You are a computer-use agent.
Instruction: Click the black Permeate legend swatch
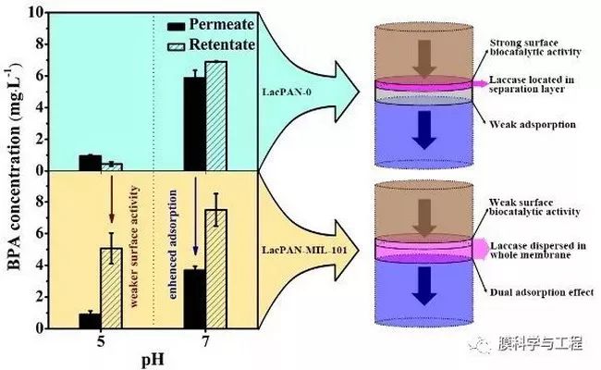(177, 27)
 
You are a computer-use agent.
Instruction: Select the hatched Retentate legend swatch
(177, 46)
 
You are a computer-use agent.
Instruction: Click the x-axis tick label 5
(101, 340)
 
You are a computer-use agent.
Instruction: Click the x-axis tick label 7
(206, 340)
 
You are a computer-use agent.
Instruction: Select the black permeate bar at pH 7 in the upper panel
(195, 124)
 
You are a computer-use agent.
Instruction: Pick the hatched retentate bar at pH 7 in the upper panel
(216, 116)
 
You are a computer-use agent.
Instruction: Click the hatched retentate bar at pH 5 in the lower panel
(111, 289)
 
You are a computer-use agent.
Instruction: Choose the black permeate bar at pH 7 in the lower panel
(195, 299)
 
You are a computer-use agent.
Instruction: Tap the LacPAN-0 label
(287, 92)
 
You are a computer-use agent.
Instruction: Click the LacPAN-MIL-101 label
(305, 251)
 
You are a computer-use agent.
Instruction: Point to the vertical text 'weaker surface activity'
(134, 246)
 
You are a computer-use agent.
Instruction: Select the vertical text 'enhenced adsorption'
(173, 244)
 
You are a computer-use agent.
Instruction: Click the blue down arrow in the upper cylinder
(424, 130)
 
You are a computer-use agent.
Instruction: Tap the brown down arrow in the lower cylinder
(424, 218)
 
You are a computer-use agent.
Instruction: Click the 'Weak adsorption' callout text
(533, 125)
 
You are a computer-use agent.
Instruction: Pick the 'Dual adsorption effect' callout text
(542, 292)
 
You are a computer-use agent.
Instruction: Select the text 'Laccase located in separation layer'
(532, 84)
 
